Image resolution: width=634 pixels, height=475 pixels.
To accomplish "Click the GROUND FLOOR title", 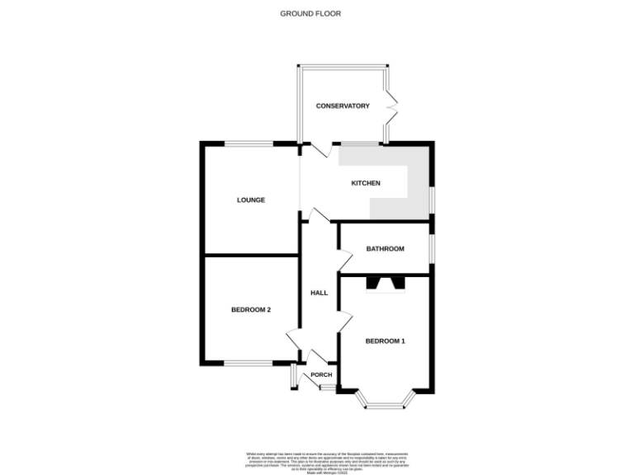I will point(310,13).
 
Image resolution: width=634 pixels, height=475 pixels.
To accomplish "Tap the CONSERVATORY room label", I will point(343,106).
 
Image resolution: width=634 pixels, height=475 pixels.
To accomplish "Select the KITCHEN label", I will point(366,183).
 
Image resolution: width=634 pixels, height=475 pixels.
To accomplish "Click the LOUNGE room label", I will point(250,200).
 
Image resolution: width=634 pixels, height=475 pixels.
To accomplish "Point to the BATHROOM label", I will point(385,249).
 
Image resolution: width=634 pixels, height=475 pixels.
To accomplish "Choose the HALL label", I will point(319,293).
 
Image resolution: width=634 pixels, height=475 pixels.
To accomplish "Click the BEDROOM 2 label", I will point(251,310).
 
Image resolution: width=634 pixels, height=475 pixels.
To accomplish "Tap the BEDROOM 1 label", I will point(386,341).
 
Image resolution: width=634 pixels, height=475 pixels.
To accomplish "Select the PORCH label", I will point(321,375).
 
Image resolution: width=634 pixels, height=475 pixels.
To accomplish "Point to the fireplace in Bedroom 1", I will point(386,285).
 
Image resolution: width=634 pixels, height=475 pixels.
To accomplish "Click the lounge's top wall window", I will point(249,144).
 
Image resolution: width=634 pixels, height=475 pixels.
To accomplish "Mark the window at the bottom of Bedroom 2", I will point(249,364).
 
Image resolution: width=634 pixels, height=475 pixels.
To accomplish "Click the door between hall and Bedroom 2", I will point(293,339).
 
